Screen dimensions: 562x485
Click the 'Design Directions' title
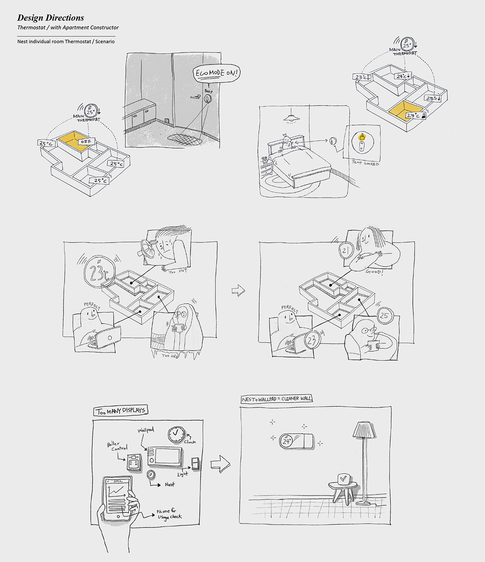pyautogui.click(x=51, y=18)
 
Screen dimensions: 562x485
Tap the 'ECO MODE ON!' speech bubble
pyautogui.click(x=217, y=74)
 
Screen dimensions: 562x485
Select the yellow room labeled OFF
pyautogui.click(x=74, y=141)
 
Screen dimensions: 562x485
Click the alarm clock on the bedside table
pyautogui.click(x=265, y=159)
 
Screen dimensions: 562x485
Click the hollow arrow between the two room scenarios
pyautogui.click(x=238, y=290)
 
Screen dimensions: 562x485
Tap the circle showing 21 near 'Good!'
pyautogui.click(x=345, y=251)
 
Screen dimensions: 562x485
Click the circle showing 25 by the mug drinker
pyautogui.click(x=384, y=316)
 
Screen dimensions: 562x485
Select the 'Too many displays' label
pyautogui.click(x=120, y=411)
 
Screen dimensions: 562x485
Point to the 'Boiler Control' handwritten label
pyautogui.click(x=117, y=446)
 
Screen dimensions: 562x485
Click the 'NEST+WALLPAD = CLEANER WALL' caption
pyautogui.click(x=276, y=399)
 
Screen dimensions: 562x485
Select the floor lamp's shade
pyautogui.click(x=363, y=429)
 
